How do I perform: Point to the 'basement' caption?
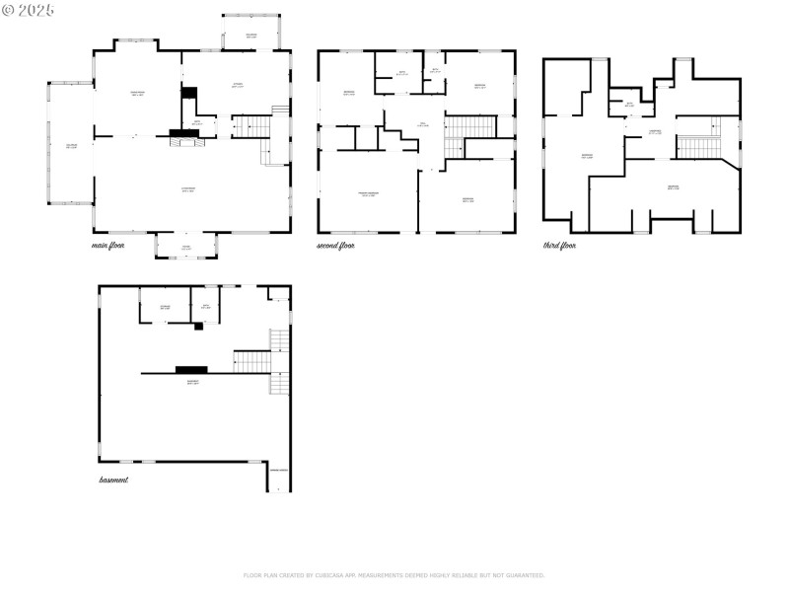[113, 480]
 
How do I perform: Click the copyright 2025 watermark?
[29, 9]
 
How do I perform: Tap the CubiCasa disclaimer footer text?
[394, 575]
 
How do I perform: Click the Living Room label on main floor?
[187, 189]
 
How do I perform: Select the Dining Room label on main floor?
[138, 94]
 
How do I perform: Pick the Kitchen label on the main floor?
[238, 86]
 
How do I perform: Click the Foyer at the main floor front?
[186, 247]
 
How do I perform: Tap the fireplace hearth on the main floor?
[184, 141]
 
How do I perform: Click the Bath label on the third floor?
[629, 105]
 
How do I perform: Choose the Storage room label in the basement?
[166, 307]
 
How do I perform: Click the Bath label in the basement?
[206, 307]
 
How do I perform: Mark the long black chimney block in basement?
[190, 370]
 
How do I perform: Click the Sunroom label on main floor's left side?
[71, 146]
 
